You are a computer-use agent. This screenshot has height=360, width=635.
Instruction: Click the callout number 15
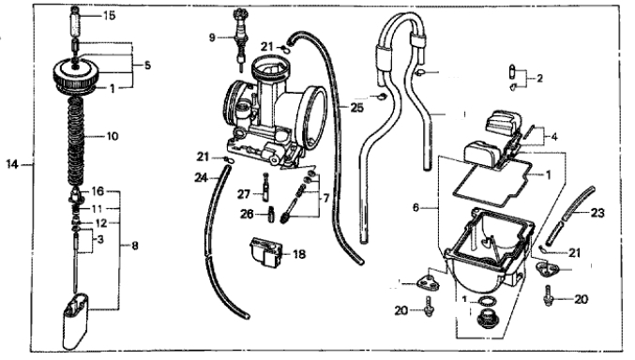109,16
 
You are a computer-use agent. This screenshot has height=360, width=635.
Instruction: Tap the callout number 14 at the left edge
12,164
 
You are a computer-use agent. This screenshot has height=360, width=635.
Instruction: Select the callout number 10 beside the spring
113,136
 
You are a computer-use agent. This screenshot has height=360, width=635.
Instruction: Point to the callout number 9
212,37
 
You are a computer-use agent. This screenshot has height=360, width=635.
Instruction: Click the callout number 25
357,108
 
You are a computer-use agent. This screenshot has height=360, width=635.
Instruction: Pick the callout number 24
201,177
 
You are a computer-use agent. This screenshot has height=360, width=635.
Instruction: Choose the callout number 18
299,254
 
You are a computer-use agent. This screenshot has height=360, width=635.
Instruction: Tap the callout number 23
597,213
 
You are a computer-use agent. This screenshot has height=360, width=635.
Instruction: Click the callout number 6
416,208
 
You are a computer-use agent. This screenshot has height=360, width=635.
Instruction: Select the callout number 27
244,194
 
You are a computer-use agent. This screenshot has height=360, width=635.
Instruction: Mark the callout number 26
247,214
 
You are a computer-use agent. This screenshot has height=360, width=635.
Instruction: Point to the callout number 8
135,246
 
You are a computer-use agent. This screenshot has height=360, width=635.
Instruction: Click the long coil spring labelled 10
76,142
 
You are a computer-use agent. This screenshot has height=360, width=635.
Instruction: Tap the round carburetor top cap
75,75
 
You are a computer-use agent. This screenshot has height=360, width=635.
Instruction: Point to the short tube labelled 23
569,216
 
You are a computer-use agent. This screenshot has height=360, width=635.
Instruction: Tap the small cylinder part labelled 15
77,23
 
